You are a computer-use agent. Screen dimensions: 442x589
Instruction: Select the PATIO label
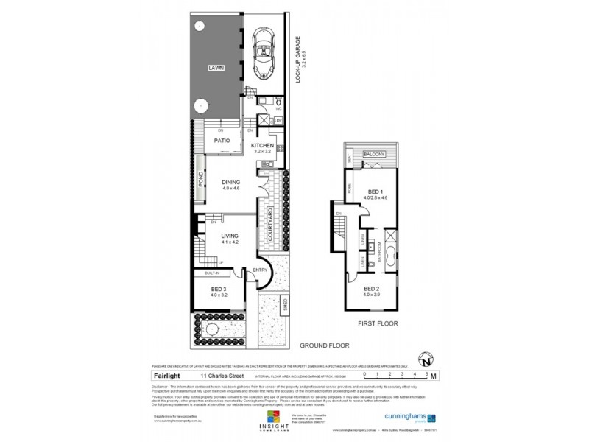[222, 140]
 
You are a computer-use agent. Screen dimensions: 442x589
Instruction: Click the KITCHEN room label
[262, 146]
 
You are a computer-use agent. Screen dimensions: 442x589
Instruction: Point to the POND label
[201, 180]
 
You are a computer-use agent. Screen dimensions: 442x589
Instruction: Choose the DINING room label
[231, 183]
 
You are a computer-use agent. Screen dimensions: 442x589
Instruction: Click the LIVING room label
[229, 236]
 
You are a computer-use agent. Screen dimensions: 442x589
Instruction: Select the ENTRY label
[260, 270]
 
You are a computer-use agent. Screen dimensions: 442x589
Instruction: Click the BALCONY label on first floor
[374, 154]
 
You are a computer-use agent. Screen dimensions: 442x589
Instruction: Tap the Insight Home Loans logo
[272, 423]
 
